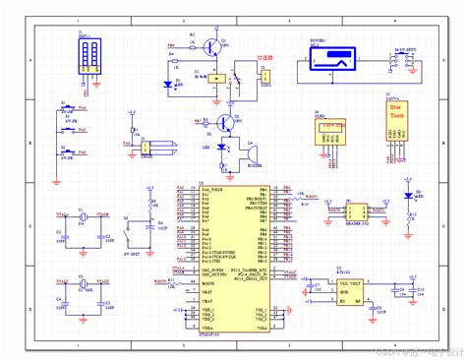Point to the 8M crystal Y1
[x=87, y=217]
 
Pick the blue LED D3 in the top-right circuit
[x=409, y=197]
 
